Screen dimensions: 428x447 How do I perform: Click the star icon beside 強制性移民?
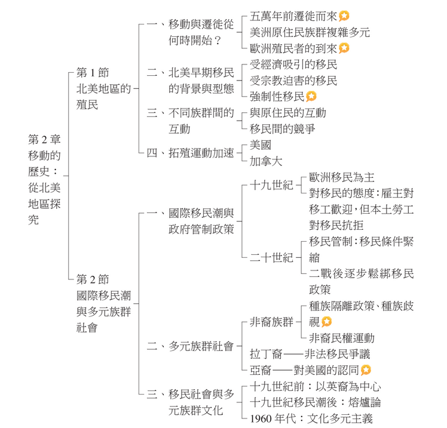tap(312, 96)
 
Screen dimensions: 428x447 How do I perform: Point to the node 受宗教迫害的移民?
tap(293, 80)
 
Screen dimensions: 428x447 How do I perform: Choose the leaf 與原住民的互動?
tap(288, 112)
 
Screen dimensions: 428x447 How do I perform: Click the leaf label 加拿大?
tap(267, 161)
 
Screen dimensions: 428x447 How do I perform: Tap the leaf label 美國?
tap(261, 144)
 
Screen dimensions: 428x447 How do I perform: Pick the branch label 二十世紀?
tap(271, 258)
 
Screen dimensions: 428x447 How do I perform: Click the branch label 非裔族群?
tap(271, 322)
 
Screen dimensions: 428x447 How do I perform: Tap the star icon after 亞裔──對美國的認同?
tap(366, 370)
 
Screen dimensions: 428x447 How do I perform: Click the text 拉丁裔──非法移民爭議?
tap(310, 354)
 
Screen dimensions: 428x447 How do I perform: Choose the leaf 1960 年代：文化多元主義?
tap(315, 418)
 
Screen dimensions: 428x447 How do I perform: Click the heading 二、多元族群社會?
tap(189, 346)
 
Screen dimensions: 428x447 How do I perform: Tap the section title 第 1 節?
tap(93, 73)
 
